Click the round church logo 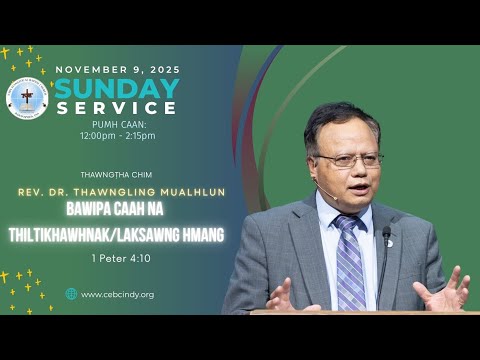[27, 98]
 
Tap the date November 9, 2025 [118, 69]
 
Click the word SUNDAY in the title [117, 88]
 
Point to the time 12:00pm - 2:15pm [118, 135]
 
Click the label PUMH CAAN [118, 124]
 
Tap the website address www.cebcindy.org [117, 294]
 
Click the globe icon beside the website [71, 294]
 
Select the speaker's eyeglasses [347, 158]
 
